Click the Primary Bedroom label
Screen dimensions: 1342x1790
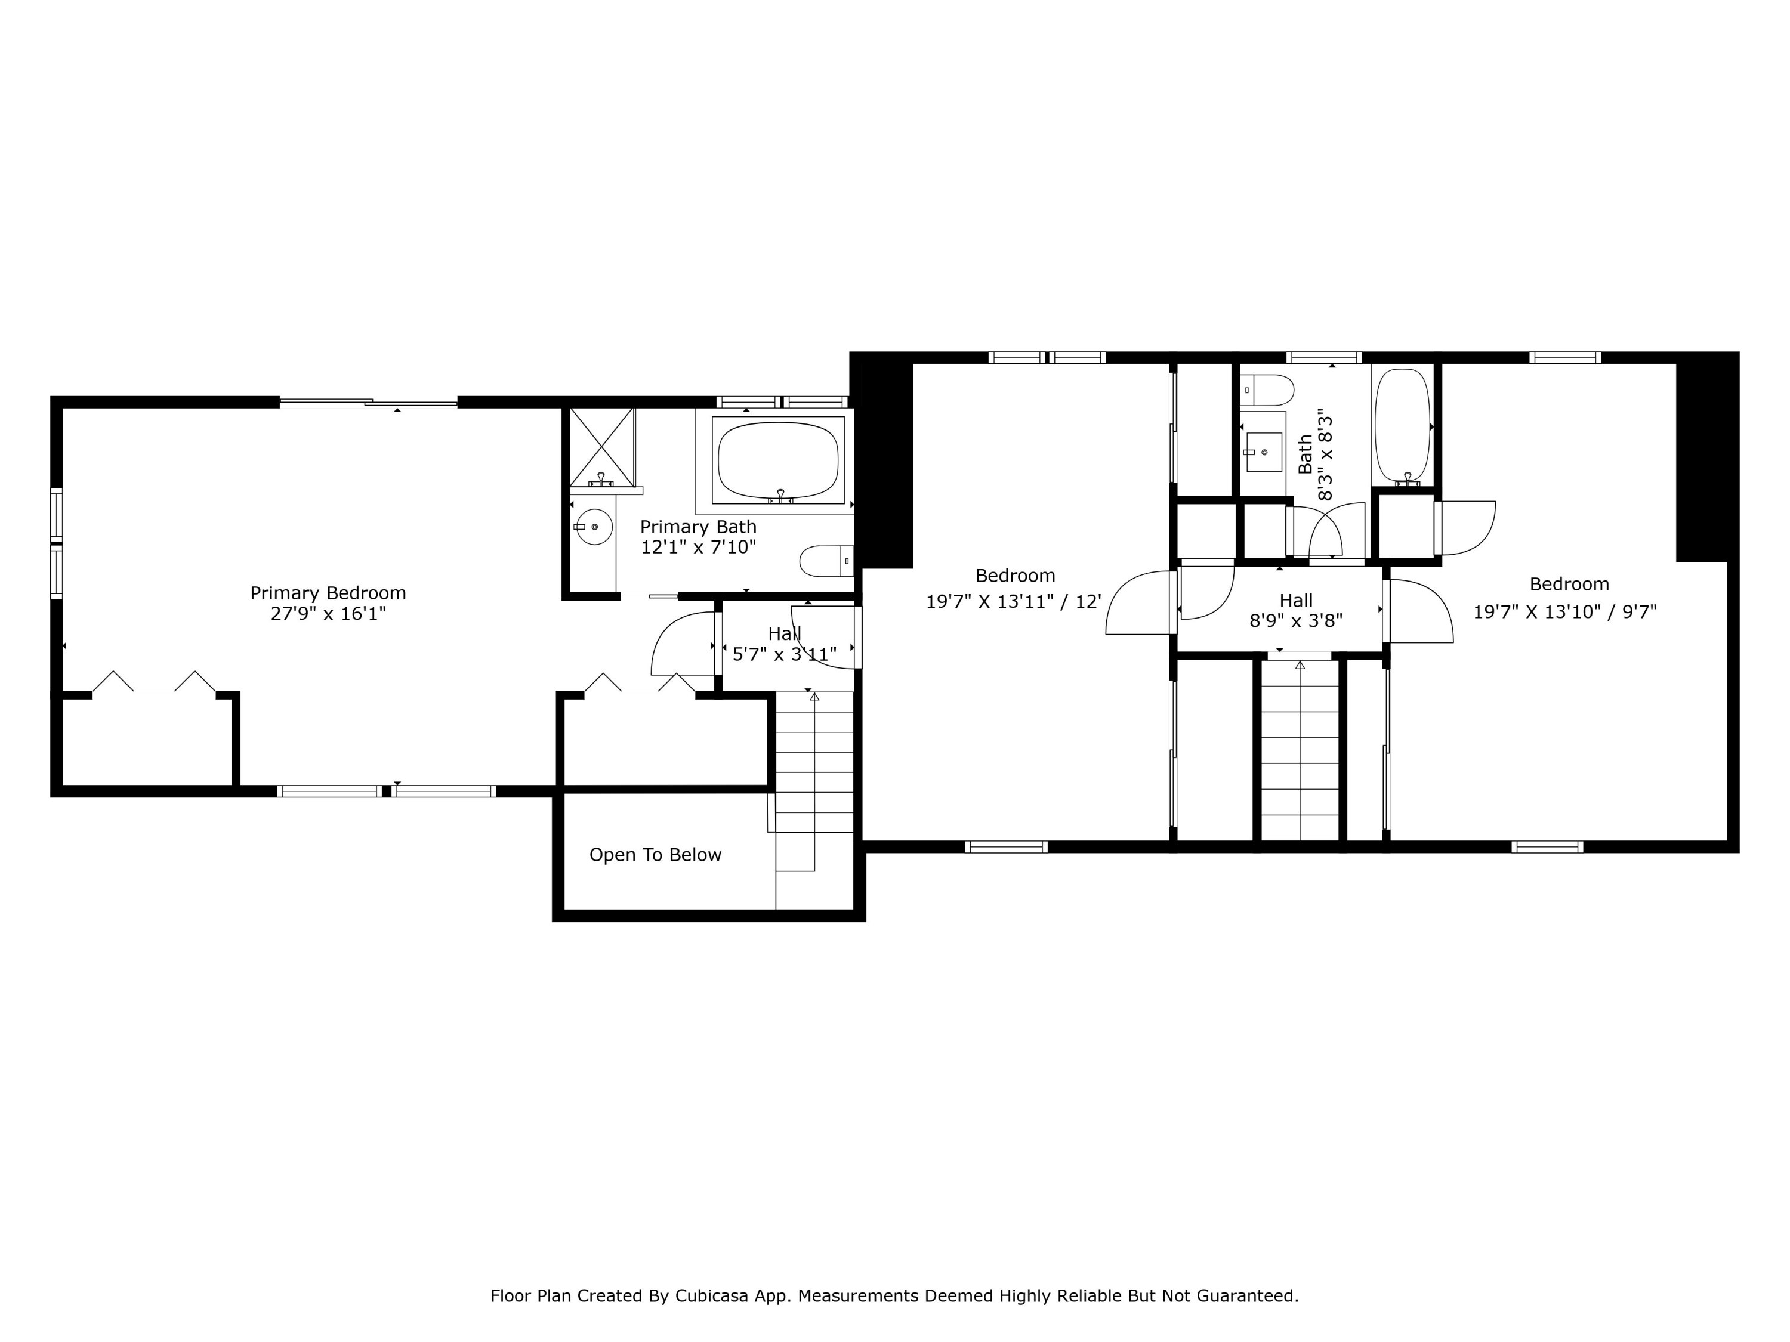(328, 593)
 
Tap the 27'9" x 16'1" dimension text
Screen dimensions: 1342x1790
(328, 614)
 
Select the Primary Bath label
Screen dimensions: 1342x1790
(698, 527)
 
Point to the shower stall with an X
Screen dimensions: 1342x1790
(602, 447)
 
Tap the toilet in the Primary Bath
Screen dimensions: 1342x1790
(825, 561)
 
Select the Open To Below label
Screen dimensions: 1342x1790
(655, 855)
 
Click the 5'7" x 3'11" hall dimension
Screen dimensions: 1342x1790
(784, 654)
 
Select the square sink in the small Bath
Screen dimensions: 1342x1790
(1263, 452)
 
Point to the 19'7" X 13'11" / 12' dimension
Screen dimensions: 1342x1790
(1014, 602)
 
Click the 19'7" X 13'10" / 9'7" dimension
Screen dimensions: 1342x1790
(1564, 611)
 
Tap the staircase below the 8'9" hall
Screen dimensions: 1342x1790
(1300, 752)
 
